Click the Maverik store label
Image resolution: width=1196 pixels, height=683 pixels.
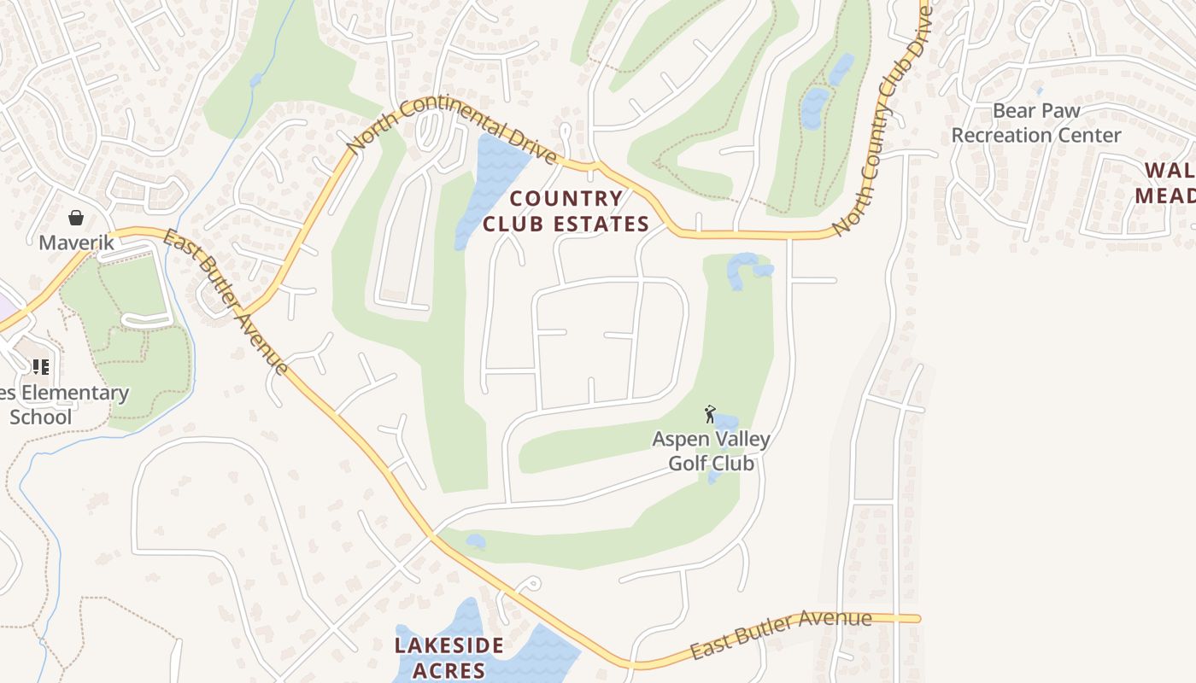(x=76, y=242)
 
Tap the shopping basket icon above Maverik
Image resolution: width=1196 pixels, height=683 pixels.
(x=76, y=218)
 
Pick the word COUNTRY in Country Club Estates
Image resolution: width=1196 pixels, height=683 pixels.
(x=566, y=199)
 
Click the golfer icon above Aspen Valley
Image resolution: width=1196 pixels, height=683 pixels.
(x=709, y=415)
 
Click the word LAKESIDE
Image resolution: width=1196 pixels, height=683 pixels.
(x=448, y=645)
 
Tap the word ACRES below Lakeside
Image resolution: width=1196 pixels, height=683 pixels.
(x=448, y=670)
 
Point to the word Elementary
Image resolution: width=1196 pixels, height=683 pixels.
(x=76, y=394)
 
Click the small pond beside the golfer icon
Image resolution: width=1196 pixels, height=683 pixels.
(x=726, y=421)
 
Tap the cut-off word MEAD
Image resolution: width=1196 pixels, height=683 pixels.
(x=1165, y=195)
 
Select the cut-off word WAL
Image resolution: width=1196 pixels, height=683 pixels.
(x=1170, y=170)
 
